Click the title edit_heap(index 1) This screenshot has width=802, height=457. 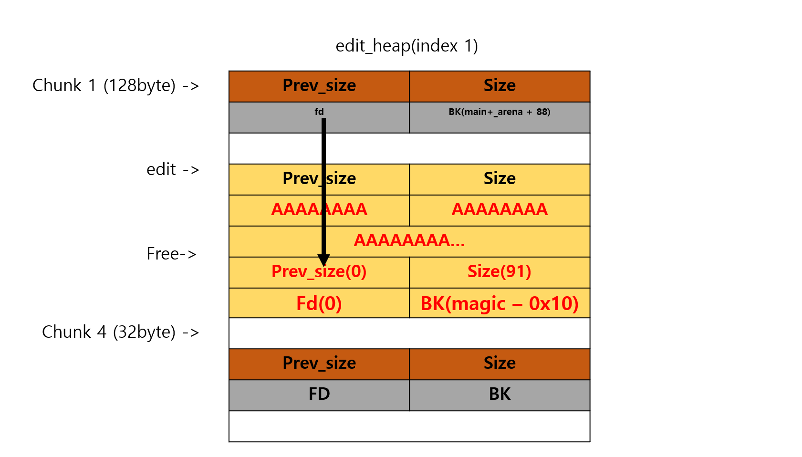[x=406, y=46]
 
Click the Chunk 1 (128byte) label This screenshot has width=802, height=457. [x=115, y=85]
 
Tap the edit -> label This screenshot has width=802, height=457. [x=172, y=169]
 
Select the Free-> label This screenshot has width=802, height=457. [x=171, y=254]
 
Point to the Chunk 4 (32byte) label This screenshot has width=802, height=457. [x=120, y=332]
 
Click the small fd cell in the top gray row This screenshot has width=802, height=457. [x=319, y=112]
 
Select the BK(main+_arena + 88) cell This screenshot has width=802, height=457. [x=499, y=112]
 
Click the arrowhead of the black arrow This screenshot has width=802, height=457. [x=323, y=260]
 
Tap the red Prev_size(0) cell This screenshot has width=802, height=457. [x=319, y=272]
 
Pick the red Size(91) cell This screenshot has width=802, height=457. [x=499, y=272]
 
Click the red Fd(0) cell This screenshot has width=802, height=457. [x=319, y=303]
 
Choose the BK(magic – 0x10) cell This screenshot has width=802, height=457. [x=499, y=303]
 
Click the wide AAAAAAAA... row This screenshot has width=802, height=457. [x=409, y=240]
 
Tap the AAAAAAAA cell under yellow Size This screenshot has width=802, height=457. [x=499, y=209]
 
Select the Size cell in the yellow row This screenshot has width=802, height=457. [x=499, y=178]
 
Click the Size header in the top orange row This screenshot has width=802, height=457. [x=499, y=86]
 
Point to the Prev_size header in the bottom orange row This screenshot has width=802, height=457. [x=319, y=364]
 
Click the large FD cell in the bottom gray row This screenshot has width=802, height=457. [x=319, y=395]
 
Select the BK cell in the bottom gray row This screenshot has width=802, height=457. [x=499, y=395]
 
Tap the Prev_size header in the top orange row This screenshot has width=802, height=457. [x=319, y=86]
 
